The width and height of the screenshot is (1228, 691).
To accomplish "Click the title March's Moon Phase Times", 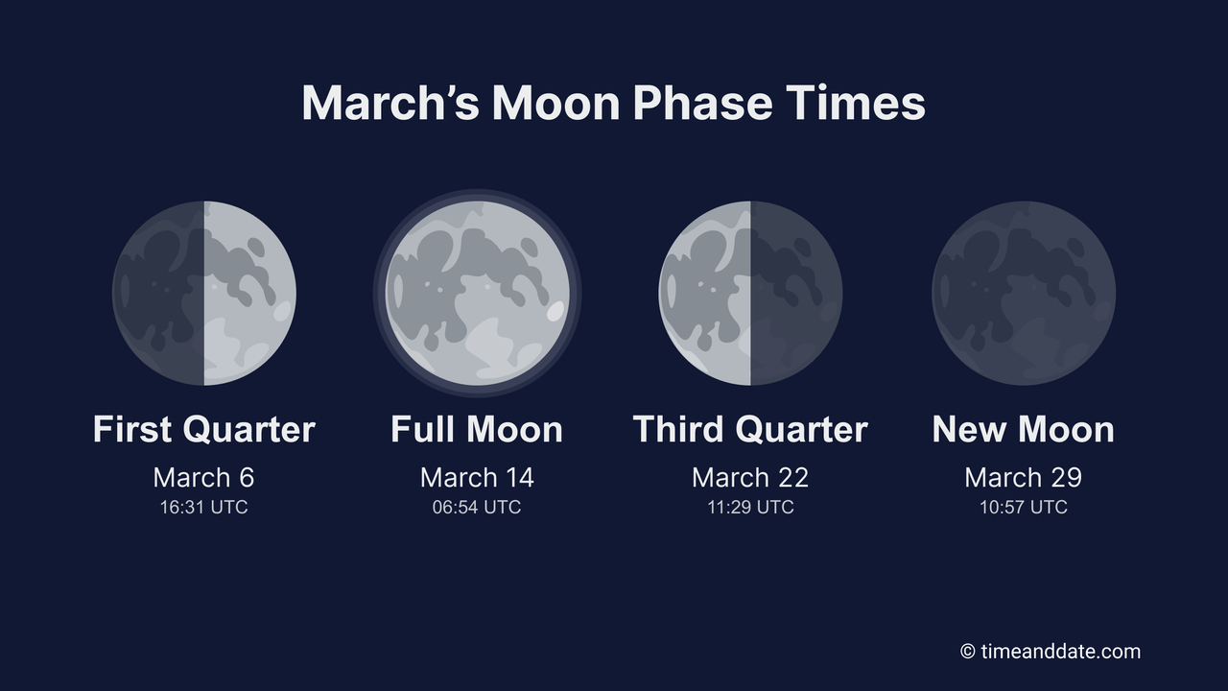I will tap(613, 103).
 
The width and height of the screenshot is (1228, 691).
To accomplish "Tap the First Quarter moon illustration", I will tap(204, 293).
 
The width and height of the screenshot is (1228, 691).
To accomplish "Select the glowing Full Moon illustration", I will tap(477, 293).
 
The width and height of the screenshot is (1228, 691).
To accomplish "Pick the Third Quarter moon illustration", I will tap(750, 293).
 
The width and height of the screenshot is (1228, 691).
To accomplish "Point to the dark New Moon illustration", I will tap(1024, 293).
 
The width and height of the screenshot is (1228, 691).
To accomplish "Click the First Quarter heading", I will tap(204, 429).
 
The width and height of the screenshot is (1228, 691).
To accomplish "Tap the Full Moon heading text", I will tap(477, 429).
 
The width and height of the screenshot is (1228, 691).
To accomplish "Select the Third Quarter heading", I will tap(750, 429).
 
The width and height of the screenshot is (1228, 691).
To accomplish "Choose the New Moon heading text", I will tap(1024, 429).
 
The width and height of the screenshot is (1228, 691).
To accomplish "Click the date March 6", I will tap(204, 477).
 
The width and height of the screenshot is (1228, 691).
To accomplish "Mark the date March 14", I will tap(477, 477).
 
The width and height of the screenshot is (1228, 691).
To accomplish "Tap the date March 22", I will tap(750, 477).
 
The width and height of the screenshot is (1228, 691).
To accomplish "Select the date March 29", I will tap(1024, 477).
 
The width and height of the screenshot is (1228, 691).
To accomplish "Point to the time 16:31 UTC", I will tap(204, 507).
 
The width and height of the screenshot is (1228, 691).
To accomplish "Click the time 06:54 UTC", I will tap(477, 507).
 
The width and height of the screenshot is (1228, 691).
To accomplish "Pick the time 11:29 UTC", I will tap(750, 507).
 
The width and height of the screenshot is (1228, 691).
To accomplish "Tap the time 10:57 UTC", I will tap(1024, 507).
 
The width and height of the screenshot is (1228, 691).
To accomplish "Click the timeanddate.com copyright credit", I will tap(1051, 652).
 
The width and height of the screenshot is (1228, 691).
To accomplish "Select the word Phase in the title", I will tap(702, 103).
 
